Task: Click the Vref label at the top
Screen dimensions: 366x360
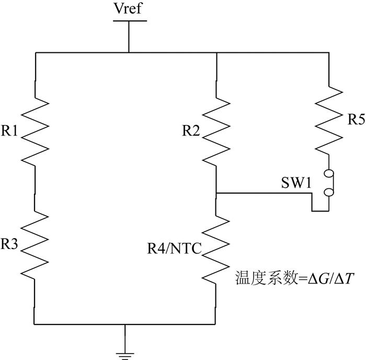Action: (128, 8)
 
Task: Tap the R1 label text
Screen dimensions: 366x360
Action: (9, 130)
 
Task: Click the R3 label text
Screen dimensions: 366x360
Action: (9, 244)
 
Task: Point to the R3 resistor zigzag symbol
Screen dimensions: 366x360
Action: (35, 244)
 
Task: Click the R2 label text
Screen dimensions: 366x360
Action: (191, 130)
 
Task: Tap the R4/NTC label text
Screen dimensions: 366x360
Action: (174, 248)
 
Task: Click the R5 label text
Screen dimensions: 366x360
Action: (357, 119)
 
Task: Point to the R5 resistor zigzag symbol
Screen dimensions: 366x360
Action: (329, 120)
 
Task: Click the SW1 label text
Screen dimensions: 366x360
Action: (296, 183)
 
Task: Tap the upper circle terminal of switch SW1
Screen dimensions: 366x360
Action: (329, 173)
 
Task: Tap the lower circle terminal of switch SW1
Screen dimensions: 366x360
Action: (329, 192)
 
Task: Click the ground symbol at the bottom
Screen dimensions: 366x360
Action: (125, 356)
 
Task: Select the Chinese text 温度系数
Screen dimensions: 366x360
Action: (266, 278)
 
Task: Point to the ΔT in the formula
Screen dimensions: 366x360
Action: (344, 278)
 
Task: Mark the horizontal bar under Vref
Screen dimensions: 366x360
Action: (130, 21)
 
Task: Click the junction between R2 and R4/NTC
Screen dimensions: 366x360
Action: (216, 193)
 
